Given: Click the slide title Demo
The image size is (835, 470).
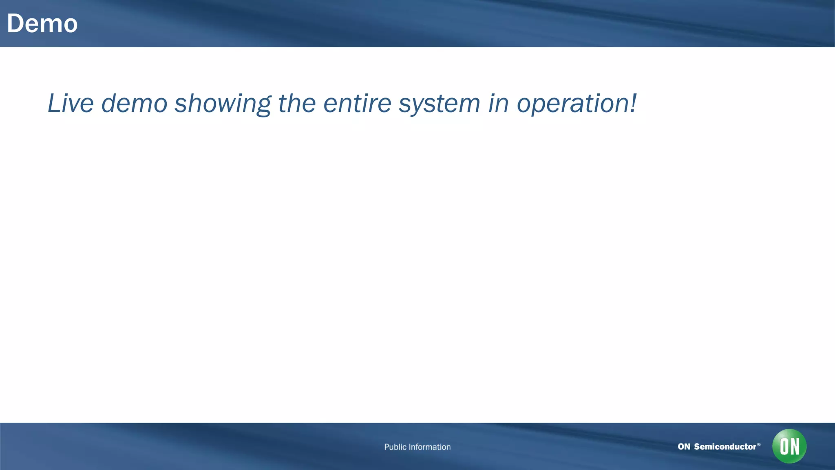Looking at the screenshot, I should (42, 24).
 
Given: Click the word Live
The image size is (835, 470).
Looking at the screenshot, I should (71, 103).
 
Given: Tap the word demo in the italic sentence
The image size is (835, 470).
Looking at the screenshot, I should (134, 103).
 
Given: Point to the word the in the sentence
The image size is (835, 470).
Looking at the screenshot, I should (297, 103).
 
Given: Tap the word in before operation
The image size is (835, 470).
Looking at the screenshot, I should (498, 103).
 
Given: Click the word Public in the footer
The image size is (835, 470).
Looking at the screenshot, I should (395, 447).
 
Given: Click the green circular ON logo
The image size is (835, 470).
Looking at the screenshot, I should (789, 446).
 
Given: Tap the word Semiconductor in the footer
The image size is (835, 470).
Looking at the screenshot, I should (725, 447).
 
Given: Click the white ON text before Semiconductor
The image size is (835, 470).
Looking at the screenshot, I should (684, 447).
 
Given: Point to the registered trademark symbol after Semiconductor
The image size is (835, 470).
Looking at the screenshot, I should (759, 444).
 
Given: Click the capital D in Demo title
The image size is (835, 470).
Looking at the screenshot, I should (15, 24).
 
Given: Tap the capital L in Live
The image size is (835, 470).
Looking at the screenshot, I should (54, 103).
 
